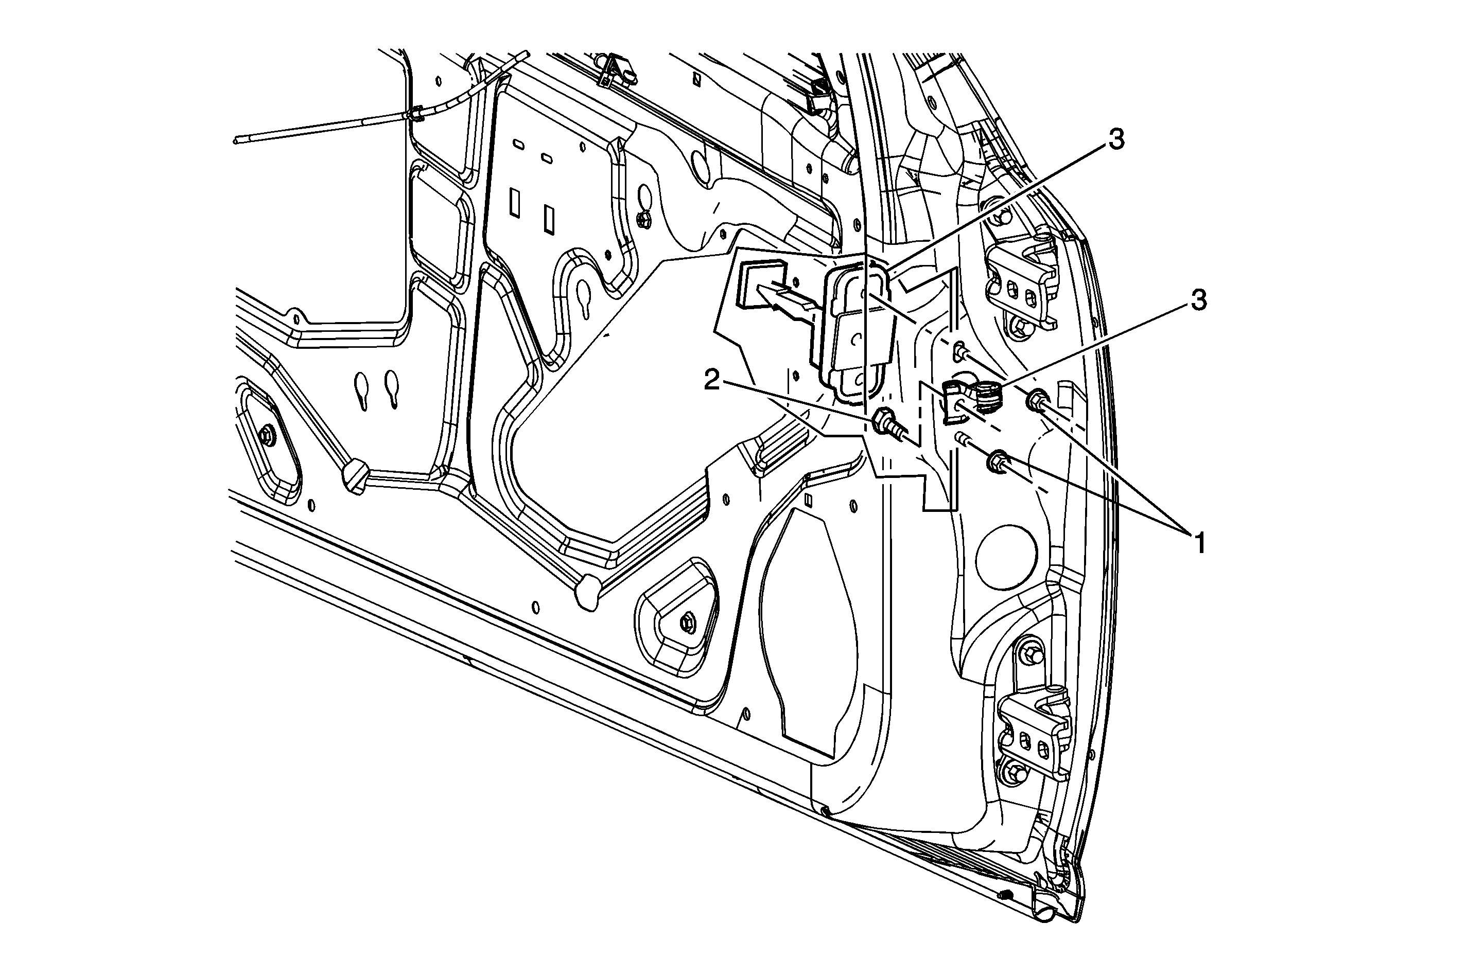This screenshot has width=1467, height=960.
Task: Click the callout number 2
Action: (x=712, y=381)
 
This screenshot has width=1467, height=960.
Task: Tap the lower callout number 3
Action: (x=1198, y=301)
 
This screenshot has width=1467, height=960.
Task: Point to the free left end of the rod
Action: (x=236, y=140)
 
